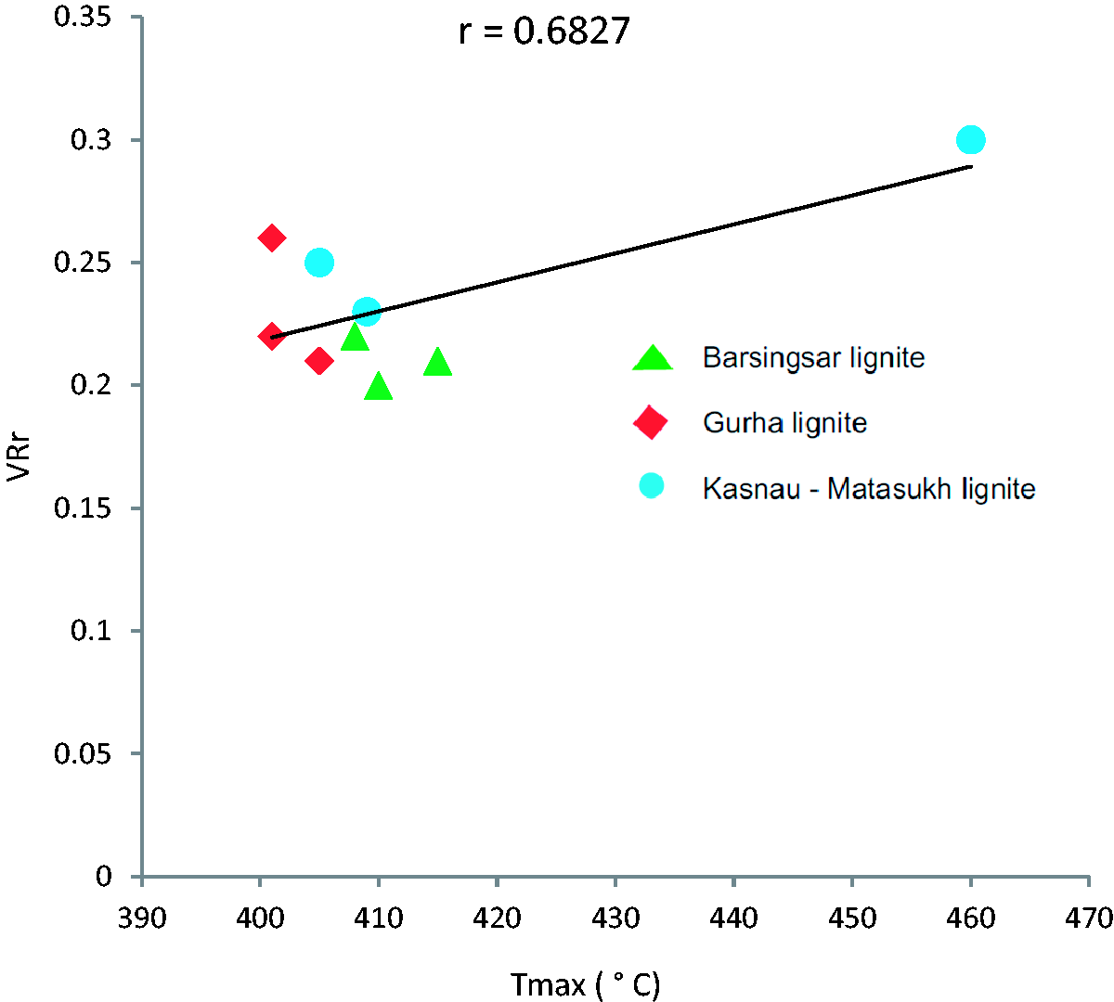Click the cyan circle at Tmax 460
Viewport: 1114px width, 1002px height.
click(970, 140)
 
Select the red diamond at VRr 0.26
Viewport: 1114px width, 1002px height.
click(271, 238)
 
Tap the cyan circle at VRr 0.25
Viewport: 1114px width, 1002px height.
click(318, 263)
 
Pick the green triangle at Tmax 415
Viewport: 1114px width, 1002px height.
click(437, 363)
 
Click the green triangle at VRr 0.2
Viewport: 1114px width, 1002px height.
click(378, 386)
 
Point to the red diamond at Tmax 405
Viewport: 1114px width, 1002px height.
click(318, 361)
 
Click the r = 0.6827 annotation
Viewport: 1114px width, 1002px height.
click(544, 32)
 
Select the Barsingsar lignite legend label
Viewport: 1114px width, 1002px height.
click(813, 358)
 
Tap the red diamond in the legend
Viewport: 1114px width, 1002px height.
click(651, 422)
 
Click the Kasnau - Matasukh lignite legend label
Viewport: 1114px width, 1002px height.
click(868, 489)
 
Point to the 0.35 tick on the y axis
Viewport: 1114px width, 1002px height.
click(83, 17)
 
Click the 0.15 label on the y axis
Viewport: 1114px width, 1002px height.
click(83, 508)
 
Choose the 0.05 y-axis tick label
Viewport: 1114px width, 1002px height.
click(83, 753)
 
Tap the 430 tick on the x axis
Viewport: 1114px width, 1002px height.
click(615, 918)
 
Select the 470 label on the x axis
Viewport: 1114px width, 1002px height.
click(1089, 918)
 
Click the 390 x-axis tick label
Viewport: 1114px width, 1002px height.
click(142, 918)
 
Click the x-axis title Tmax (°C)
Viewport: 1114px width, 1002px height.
click(585, 984)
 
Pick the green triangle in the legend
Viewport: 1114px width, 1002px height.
click(652, 358)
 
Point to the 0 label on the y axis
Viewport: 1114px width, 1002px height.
click(104, 876)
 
